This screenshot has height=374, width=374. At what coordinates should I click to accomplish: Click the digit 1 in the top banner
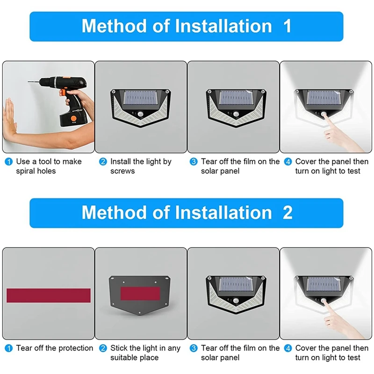287,26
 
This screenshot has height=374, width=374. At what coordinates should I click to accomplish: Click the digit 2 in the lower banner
288,212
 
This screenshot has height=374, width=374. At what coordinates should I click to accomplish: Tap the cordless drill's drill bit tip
29,82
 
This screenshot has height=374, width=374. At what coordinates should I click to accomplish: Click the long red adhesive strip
49,295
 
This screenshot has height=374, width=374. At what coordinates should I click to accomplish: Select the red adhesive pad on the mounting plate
140,294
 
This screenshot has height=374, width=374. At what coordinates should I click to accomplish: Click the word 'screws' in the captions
122,171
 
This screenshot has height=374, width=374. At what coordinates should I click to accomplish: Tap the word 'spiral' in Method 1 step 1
27,171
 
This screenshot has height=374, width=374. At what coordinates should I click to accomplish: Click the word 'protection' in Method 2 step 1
76,348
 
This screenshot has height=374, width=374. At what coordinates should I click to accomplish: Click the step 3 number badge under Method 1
194,162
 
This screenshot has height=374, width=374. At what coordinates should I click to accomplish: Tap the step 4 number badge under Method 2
288,348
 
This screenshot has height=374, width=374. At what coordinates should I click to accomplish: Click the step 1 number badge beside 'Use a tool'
8,162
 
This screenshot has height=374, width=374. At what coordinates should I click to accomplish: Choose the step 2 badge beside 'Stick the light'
103,348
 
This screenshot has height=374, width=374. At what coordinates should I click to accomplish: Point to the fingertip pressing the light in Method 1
324,115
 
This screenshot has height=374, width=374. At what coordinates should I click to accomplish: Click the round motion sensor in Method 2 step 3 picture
236,301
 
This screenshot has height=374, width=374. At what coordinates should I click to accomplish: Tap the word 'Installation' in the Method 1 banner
223,26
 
